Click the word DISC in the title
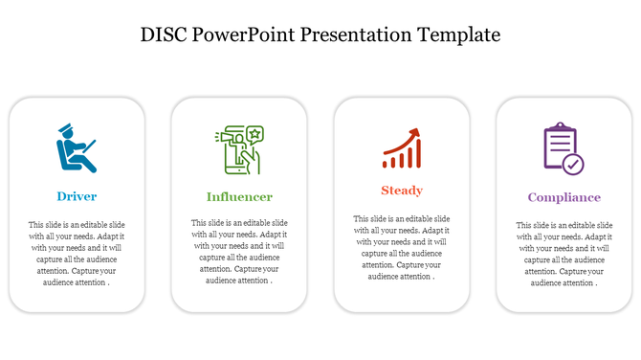(x=164, y=35)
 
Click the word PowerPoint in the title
(x=242, y=35)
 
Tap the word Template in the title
(x=456, y=35)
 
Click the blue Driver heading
(x=77, y=196)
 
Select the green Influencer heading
(x=239, y=196)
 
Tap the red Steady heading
(x=401, y=191)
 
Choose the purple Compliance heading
(x=564, y=197)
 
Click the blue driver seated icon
(x=76, y=148)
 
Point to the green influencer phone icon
(x=238, y=150)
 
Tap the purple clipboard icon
(x=562, y=147)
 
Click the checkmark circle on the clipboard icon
(x=572, y=164)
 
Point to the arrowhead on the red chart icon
(x=415, y=132)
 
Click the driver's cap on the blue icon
(x=65, y=128)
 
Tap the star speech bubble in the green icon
(x=254, y=133)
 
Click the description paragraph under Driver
(x=77, y=253)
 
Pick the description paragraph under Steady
(x=401, y=247)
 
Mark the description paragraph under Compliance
(x=564, y=253)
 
